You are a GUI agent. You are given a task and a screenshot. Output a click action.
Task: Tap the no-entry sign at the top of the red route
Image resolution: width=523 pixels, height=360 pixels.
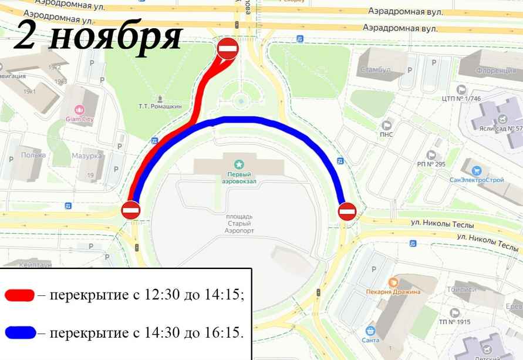click(228, 48)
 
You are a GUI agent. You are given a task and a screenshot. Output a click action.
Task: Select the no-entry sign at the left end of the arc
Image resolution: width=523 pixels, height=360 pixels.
click(130, 210)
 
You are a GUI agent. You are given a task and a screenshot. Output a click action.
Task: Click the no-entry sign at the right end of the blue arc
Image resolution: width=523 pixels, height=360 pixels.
click(347, 211)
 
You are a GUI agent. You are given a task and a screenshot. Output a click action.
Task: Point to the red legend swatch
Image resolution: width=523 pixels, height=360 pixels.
click(19, 295)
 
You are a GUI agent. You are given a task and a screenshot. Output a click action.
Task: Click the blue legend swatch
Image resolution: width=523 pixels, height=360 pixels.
click(19, 333)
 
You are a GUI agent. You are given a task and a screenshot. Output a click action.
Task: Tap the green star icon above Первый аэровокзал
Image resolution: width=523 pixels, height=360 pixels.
click(239, 164)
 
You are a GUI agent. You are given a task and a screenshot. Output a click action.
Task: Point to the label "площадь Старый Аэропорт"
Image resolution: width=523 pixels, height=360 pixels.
click(239, 223)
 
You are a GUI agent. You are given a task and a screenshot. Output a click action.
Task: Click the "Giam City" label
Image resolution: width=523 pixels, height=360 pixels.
click(80, 119)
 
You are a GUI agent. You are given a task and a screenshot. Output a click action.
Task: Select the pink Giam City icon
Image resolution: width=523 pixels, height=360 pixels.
click(80, 109)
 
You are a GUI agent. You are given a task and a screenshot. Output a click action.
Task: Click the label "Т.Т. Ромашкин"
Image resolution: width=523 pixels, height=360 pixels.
click(160, 106)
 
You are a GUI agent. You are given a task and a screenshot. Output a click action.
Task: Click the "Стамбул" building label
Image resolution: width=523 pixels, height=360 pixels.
click(376, 70)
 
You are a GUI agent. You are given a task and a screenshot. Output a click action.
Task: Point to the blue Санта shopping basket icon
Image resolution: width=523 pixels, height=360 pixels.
click(370, 331)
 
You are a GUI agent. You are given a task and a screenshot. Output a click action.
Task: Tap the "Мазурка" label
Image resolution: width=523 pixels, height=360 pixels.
click(87, 156)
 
